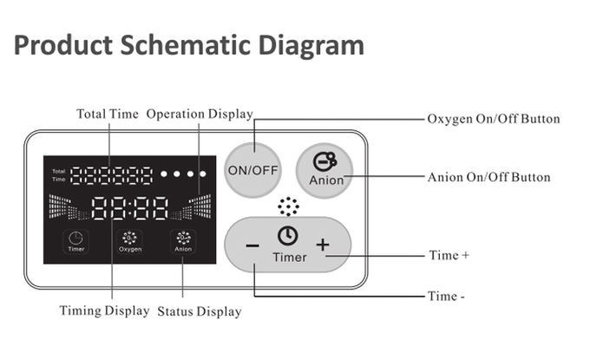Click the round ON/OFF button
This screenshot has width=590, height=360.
tap(252, 169)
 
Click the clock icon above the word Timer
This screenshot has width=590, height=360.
tap(288, 236)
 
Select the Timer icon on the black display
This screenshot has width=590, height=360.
tap(75, 241)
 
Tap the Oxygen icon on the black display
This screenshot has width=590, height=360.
tap(130, 241)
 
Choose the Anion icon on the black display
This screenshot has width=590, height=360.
tap(183, 241)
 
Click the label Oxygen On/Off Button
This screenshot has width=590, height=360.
tap(493, 119)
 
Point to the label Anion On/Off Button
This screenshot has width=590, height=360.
tap(488, 177)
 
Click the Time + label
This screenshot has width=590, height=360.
tap(449, 256)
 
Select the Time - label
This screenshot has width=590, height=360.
tap(446, 297)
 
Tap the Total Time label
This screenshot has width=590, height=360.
tap(107, 114)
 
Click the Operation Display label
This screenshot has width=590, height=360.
tap(200, 114)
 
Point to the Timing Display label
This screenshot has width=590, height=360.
tap(104, 311)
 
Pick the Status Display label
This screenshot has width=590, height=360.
tap(200, 311)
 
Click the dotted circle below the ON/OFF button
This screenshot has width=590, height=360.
tap(288, 206)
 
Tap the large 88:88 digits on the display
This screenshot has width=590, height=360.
tap(129, 208)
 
